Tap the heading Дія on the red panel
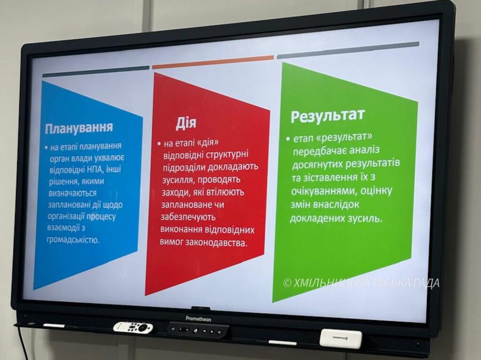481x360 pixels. point(186,123)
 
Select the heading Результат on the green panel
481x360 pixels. point(327,115)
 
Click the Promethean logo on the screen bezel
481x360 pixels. point(198,319)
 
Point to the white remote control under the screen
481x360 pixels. point(133,327)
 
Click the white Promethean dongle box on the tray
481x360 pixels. point(341,338)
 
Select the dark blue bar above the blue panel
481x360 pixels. point(96,71)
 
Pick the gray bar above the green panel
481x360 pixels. point(348,50)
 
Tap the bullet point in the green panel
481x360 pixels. point(288,138)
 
